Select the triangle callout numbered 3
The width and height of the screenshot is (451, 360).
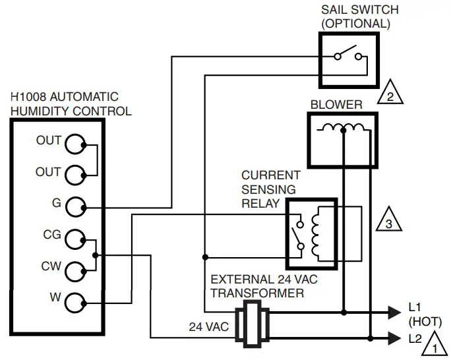click(389, 223)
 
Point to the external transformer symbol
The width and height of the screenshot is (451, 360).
click(251, 324)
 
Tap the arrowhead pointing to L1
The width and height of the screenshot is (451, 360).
click(398, 310)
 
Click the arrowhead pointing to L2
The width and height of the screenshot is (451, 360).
click(398, 339)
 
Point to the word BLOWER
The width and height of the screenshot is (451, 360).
click(336, 105)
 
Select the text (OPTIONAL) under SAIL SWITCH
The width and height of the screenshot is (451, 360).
click(355, 24)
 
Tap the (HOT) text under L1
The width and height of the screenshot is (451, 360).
click(425, 322)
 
